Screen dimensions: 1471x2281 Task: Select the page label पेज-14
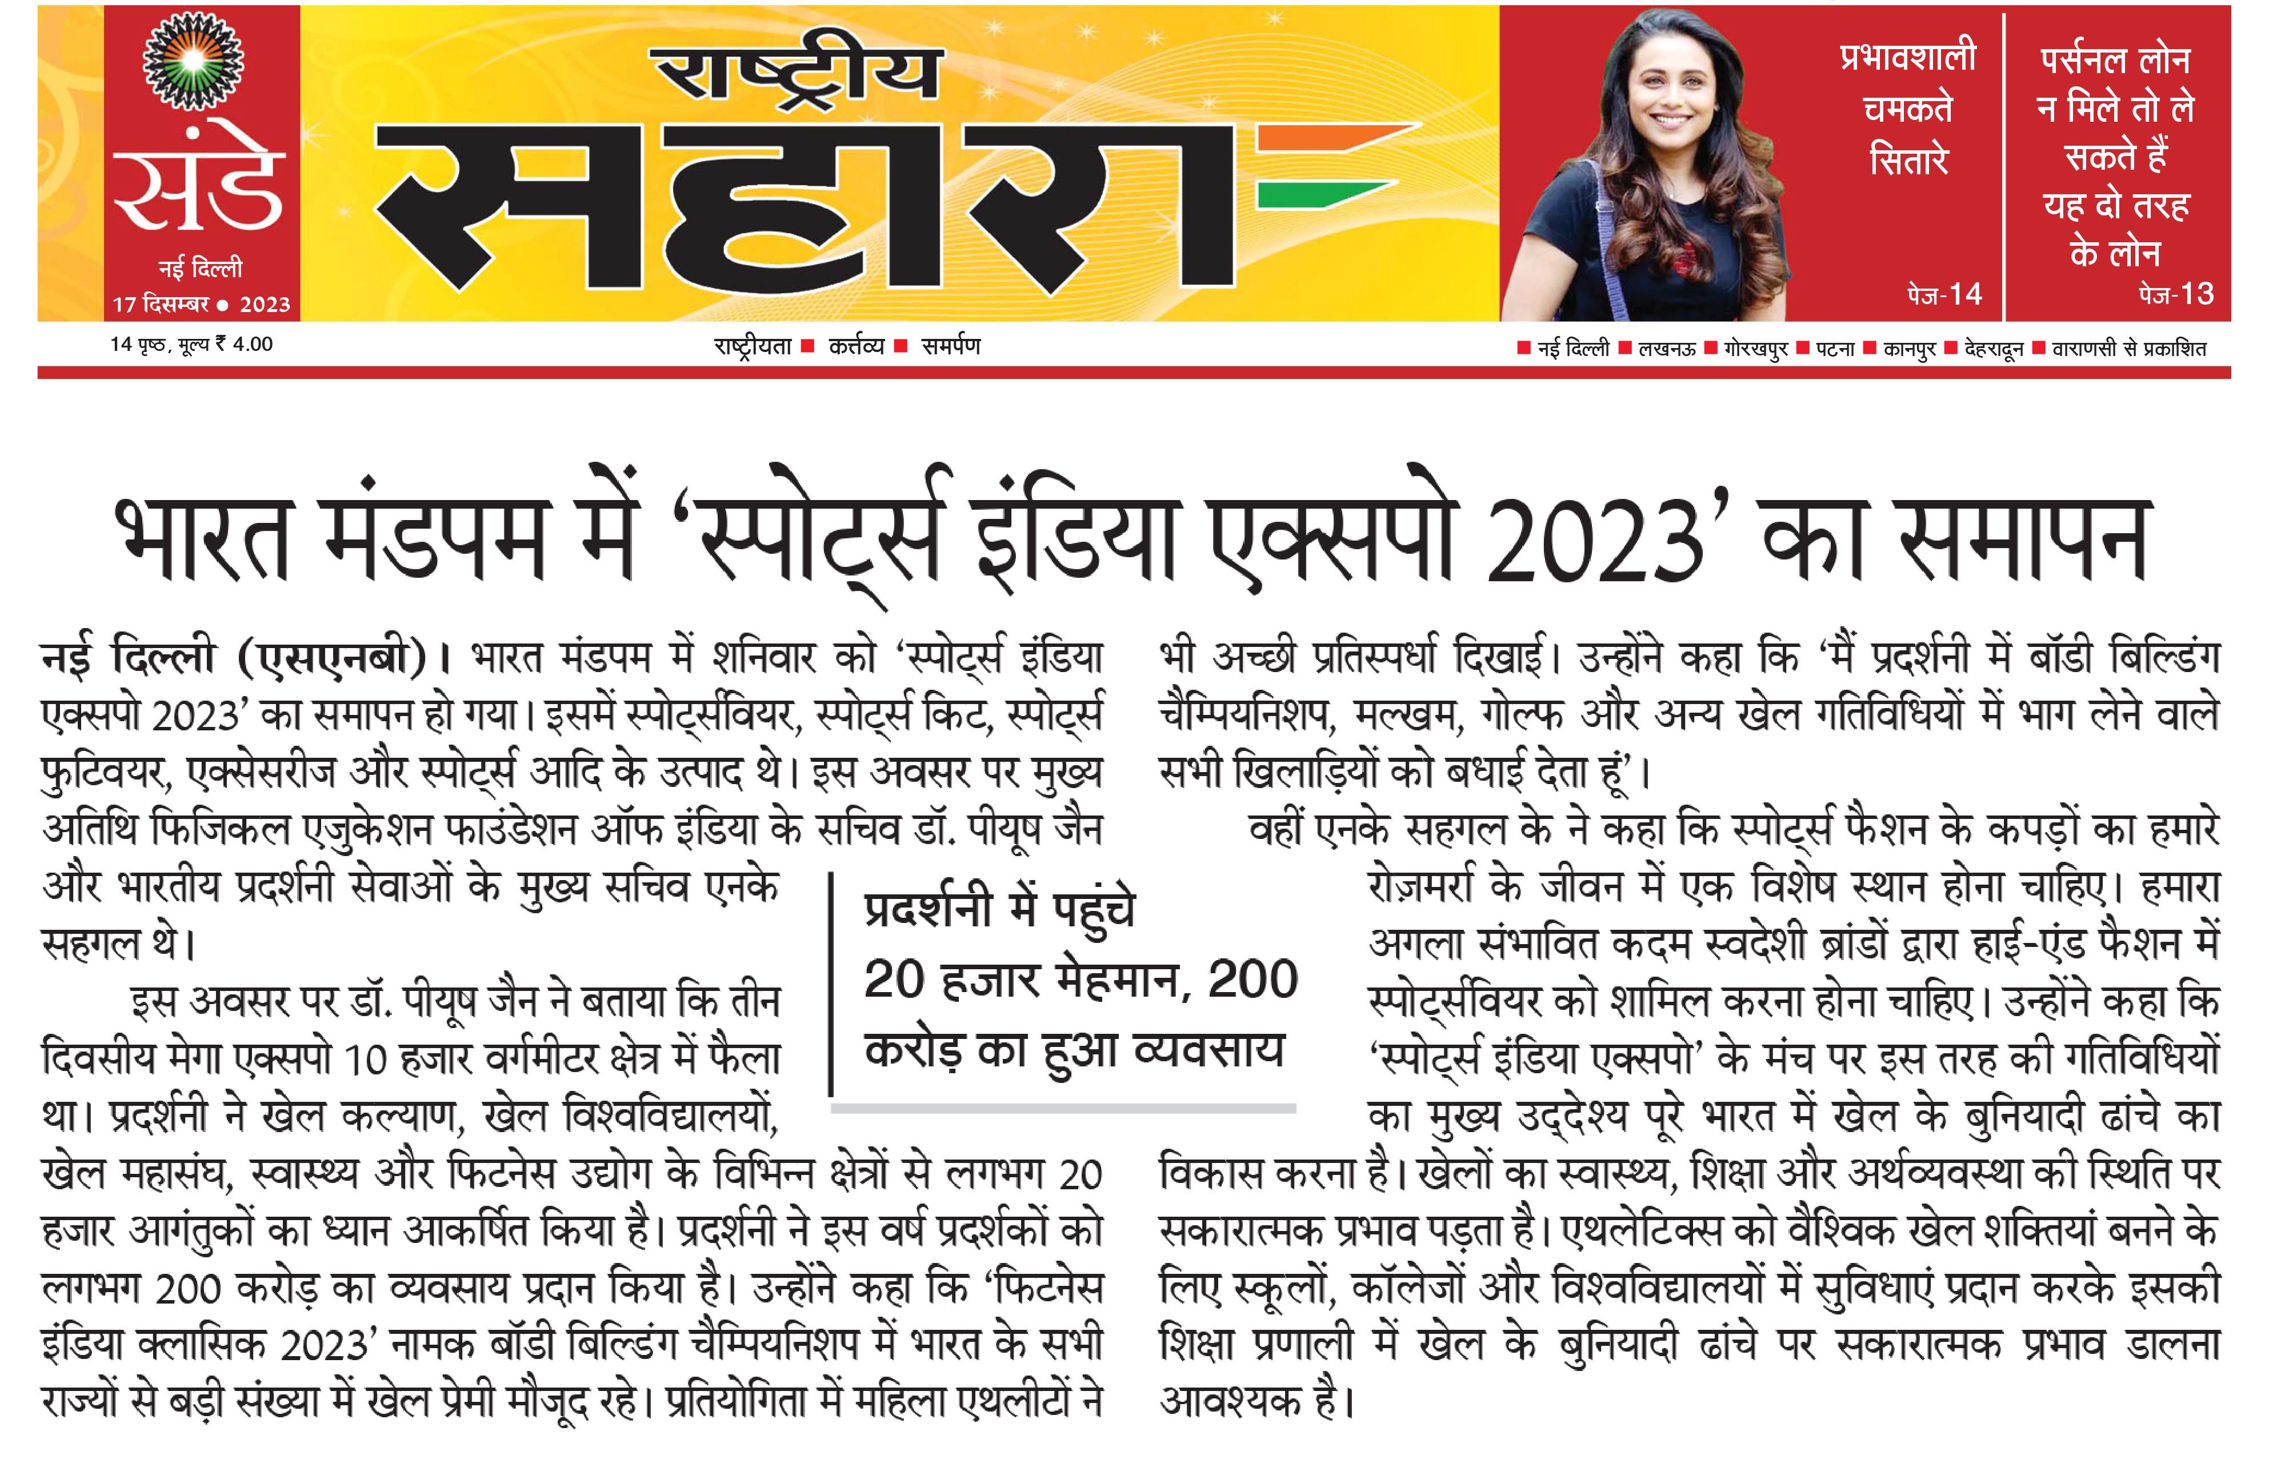[1944, 294]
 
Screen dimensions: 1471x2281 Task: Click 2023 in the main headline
[1596, 542]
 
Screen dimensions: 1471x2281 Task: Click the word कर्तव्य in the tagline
[855, 346]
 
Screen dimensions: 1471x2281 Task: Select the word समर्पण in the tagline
[951, 346]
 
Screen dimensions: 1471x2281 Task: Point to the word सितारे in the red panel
[1908, 159]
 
